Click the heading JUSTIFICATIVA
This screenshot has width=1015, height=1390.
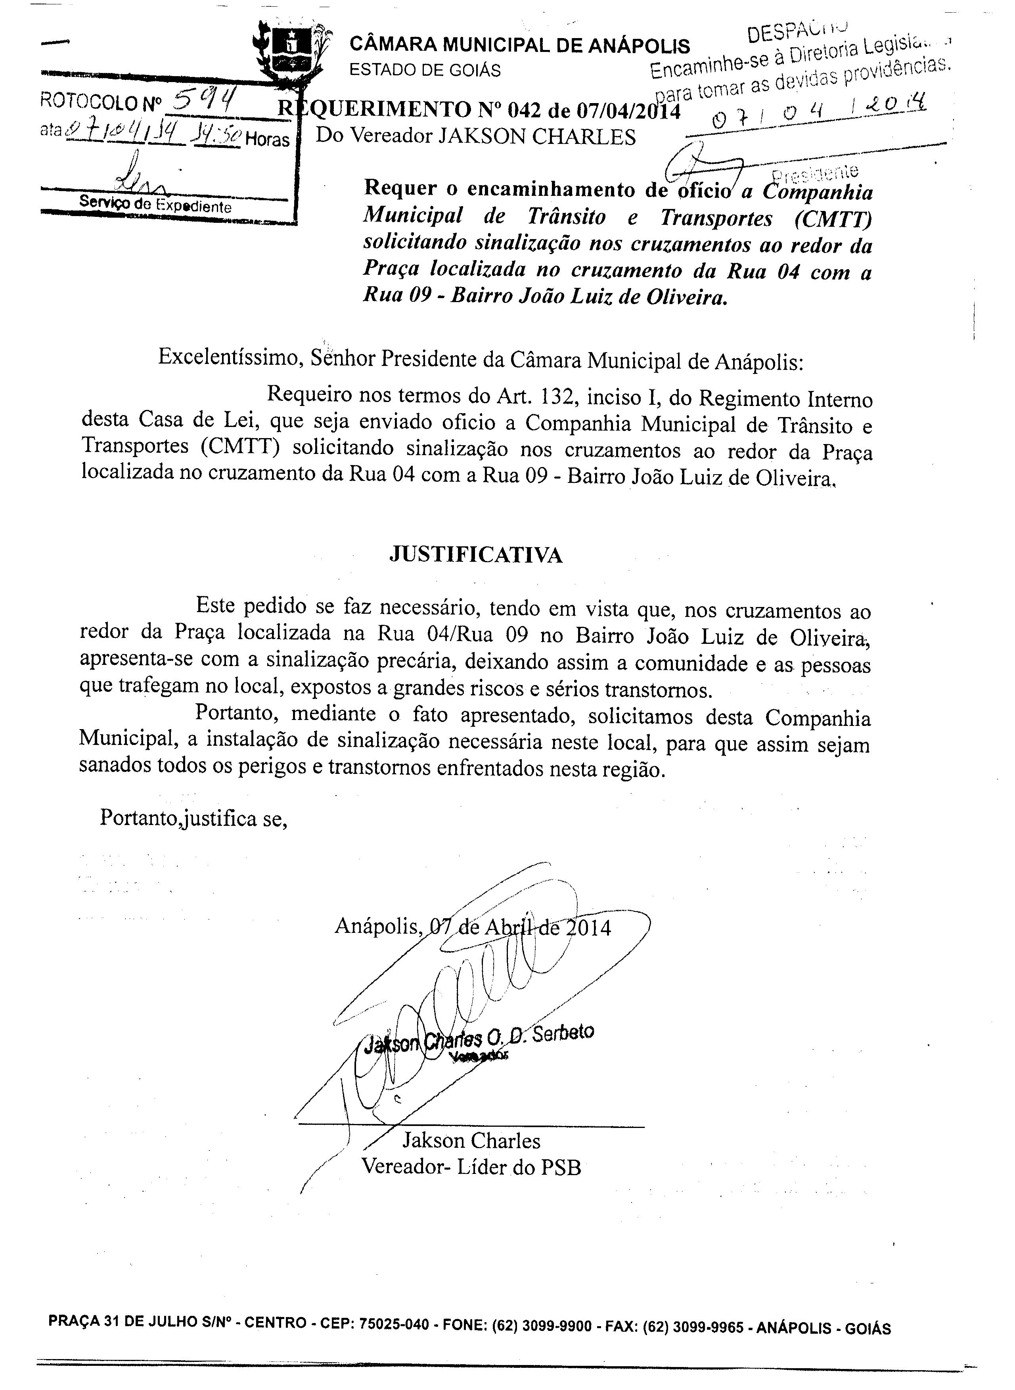click(476, 555)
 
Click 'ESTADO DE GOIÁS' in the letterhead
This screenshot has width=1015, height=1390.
click(425, 71)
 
